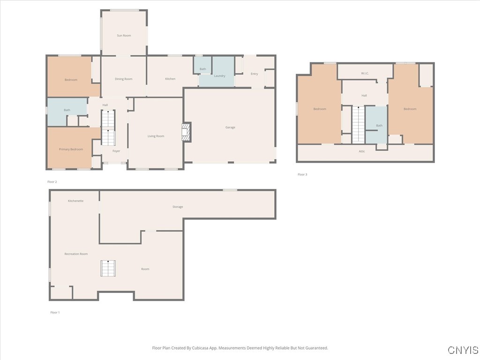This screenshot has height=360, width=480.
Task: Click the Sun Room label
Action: (124, 36)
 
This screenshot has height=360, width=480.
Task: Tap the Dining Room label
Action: (124, 79)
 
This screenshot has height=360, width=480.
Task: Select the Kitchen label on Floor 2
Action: (170, 79)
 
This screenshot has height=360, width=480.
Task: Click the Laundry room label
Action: (219, 76)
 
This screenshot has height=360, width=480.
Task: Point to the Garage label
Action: (230, 127)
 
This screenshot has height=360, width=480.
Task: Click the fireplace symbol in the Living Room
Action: (187, 132)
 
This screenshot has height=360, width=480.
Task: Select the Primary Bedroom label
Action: (71, 149)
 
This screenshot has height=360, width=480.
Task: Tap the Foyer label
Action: (116, 151)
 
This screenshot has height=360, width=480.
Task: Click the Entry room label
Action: (254, 74)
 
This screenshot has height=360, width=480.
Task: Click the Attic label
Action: (362, 151)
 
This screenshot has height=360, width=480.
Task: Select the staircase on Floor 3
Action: (358, 124)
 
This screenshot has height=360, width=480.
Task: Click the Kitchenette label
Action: (75, 201)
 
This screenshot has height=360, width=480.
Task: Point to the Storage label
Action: (178, 207)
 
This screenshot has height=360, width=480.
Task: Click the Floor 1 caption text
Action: (55, 312)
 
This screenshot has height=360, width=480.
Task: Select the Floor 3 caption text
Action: (302, 174)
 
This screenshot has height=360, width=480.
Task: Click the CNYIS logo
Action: (463, 350)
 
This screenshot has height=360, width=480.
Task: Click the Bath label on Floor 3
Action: (379, 125)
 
